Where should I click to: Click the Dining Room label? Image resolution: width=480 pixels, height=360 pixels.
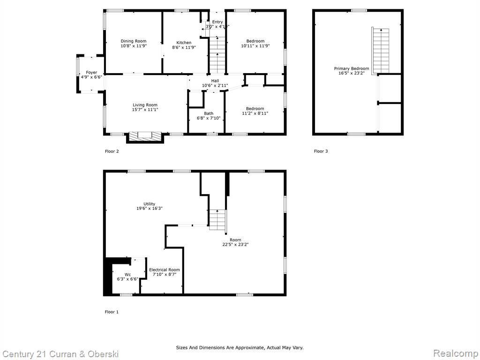[134, 41]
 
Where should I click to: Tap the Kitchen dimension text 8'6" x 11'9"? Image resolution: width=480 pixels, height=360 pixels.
[184, 47]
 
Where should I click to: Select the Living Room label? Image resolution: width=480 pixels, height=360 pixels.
[145, 105]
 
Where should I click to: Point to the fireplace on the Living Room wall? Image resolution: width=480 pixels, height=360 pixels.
[145, 137]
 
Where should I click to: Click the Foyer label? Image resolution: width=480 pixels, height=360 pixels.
[91, 73]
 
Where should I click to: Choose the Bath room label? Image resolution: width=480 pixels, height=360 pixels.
[209, 113]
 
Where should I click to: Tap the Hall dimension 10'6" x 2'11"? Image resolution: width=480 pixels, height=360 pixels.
[215, 85]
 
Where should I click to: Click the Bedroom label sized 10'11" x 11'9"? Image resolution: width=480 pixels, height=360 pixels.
[255, 41]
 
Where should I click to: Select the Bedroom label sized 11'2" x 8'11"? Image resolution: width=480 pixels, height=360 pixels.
[255, 109]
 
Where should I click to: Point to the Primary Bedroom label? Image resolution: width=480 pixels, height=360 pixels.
[352, 68]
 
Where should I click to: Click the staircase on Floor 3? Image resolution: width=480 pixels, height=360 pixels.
[381, 51]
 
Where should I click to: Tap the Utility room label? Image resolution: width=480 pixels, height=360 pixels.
[150, 204]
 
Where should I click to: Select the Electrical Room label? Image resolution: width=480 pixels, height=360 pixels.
[165, 270]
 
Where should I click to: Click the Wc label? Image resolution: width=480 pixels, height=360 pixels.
[127, 275]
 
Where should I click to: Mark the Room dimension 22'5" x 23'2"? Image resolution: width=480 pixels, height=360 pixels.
[235, 245]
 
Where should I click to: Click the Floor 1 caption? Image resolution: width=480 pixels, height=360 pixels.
[112, 312]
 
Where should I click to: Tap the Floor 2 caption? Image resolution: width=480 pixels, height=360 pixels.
[112, 151]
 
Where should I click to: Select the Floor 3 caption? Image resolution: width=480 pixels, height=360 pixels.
[321, 151]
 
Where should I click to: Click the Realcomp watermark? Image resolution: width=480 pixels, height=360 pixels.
[456, 353]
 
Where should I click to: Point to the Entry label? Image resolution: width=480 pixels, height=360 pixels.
[217, 22]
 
